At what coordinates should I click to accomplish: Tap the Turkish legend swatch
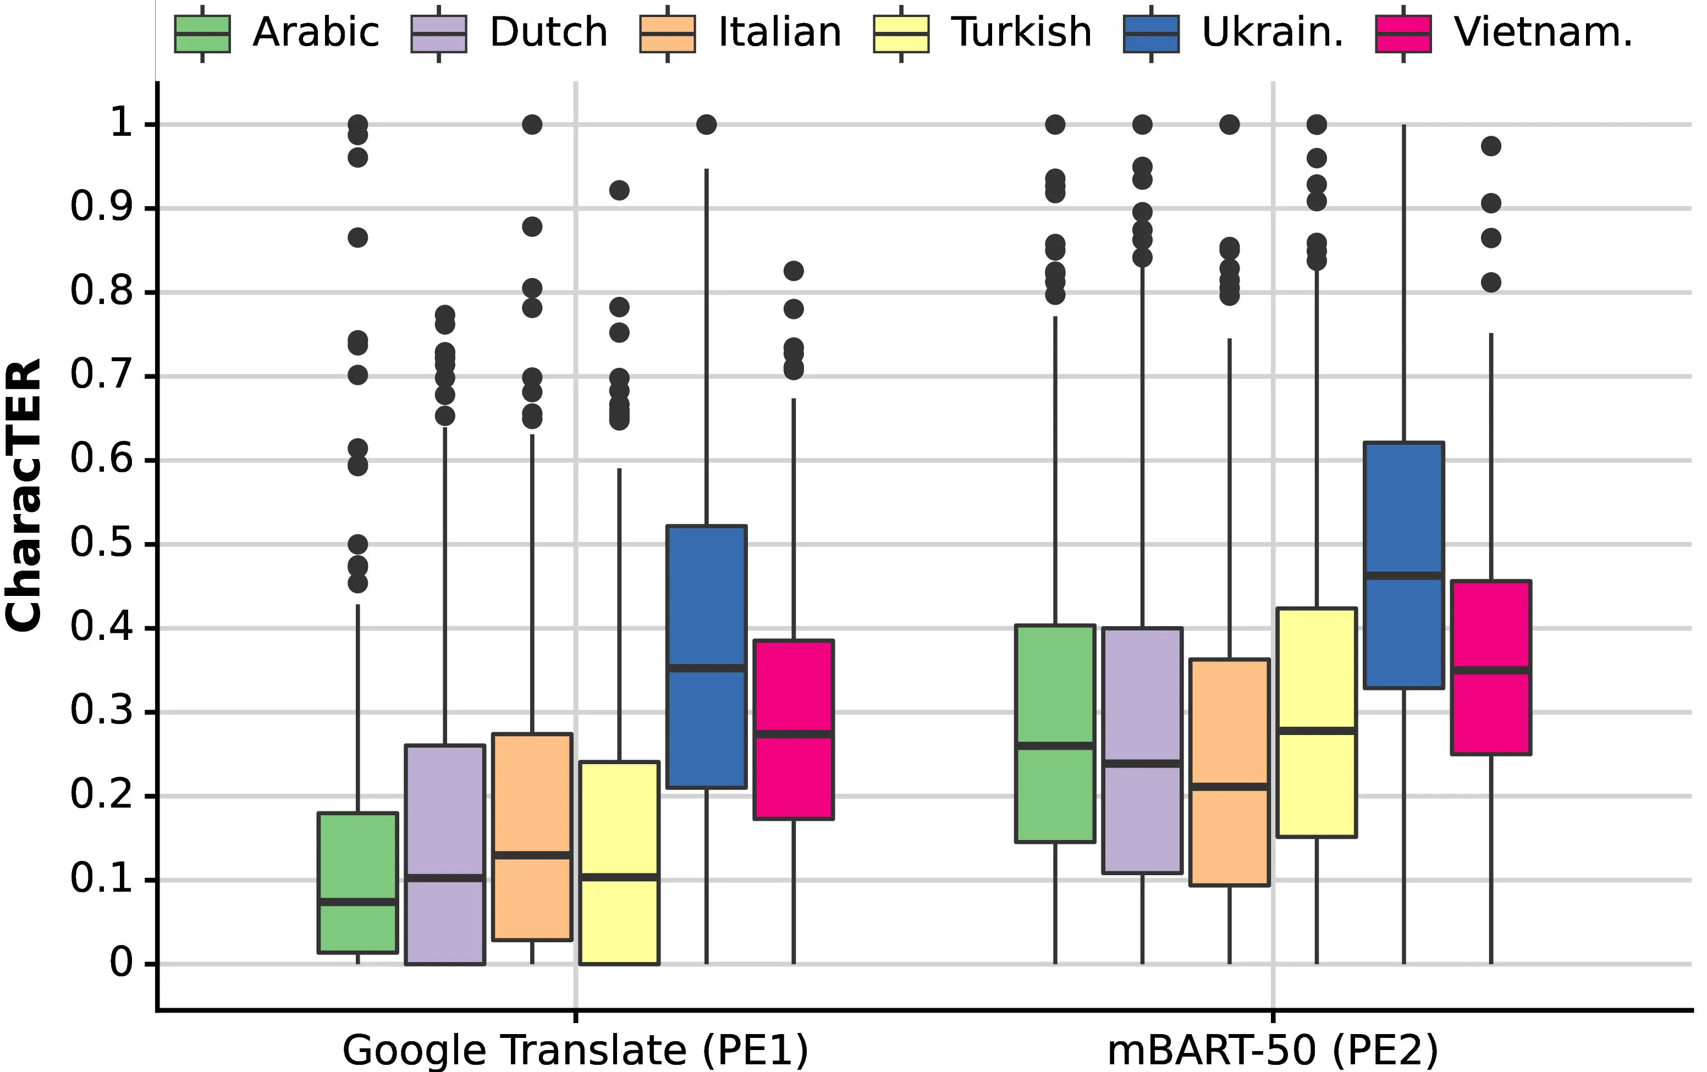coord(900,34)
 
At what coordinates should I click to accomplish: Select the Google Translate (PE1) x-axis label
coord(575,1050)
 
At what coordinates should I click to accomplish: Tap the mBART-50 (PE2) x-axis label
coord(1273,1050)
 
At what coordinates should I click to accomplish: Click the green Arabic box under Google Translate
coord(358,857)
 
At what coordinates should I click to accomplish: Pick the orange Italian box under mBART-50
coord(1229,723)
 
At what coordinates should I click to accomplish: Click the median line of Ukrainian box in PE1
coord(706,668)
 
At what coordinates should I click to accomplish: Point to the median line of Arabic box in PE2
coord(1055,745)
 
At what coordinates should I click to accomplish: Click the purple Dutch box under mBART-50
coord(1142,694)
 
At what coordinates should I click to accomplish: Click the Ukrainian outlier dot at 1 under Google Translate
coord(706,125)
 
